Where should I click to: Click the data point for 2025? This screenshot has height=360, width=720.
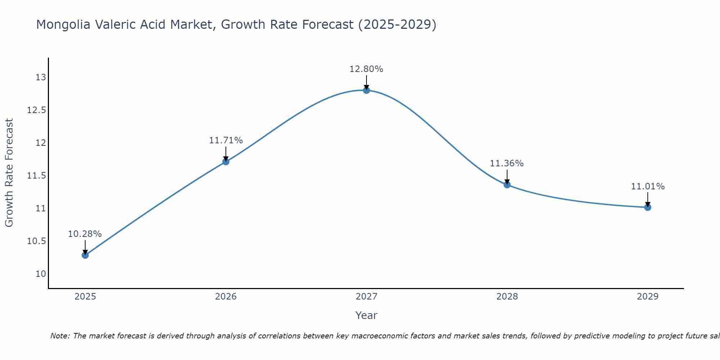point(85,255)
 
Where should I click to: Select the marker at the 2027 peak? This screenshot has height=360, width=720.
point(366,90)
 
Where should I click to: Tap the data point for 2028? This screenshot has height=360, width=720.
point(507,185)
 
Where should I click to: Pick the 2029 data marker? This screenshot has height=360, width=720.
point(648,207)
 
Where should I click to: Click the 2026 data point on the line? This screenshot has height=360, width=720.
point(226,162)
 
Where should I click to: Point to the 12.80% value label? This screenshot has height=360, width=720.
point(366,69)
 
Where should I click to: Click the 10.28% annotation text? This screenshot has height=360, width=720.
point(85,234)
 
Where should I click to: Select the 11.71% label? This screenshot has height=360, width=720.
point(226,140)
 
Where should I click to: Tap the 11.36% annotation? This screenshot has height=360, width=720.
point(507,163)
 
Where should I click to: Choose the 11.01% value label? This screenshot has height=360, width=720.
point(648,186)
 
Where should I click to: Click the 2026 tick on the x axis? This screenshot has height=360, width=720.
point(226,297)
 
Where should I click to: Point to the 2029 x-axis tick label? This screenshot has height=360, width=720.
point(648,297)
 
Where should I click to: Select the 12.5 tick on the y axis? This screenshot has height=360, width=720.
point(37,110)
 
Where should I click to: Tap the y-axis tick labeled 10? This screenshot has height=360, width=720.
point(41,274)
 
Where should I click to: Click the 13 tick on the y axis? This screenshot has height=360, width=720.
point(41,77)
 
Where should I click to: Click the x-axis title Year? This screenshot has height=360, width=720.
point(366,315)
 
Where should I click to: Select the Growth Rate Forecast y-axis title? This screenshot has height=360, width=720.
point(9,173)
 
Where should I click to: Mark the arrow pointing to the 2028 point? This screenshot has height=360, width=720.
point(507,176)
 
